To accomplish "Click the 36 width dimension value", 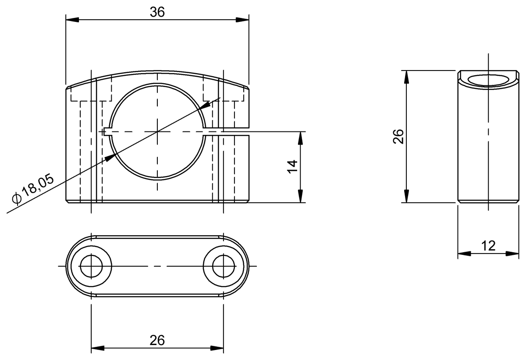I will (157, 13).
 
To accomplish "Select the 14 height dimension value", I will (293, 167).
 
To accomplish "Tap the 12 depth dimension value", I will (487, 246).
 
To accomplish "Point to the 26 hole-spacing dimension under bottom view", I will (157, 340).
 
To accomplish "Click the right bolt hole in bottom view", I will (224, 266).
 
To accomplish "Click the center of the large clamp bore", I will (157, 131).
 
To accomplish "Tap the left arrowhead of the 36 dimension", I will (72, 20).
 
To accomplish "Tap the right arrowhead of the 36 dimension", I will (242, 20).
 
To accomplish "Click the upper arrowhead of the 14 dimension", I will (300, 138).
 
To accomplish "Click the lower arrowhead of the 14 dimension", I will (300, 196).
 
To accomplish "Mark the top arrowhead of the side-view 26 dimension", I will (406, 77).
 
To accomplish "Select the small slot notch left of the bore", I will (107, 131).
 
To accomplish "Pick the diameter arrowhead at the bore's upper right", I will (204, 106).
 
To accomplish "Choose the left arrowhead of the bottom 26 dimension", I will (97, 349).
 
